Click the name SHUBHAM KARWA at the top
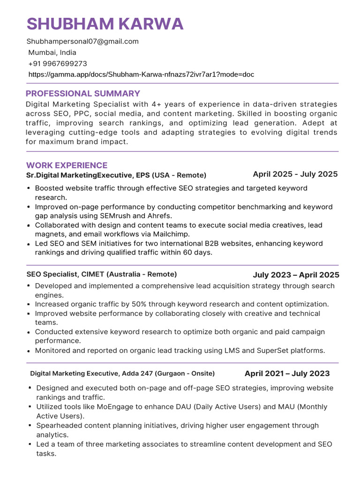pos(105,24)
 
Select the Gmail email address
pos(82,41)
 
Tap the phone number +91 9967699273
pos(58,63)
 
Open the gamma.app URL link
pos(141,74)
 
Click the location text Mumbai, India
pos(52,52)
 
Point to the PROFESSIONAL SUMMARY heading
pos(83,93)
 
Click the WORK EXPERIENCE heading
pos(67,165)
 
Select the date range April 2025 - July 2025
pos(295,174)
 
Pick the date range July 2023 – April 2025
pos(296,275)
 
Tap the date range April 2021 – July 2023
pos(287,374)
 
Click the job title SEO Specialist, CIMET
pos(102,274)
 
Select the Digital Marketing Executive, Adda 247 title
pos(122,374)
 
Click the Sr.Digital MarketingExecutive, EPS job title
pos(116,175)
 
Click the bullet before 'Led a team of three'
pos(30,444)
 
